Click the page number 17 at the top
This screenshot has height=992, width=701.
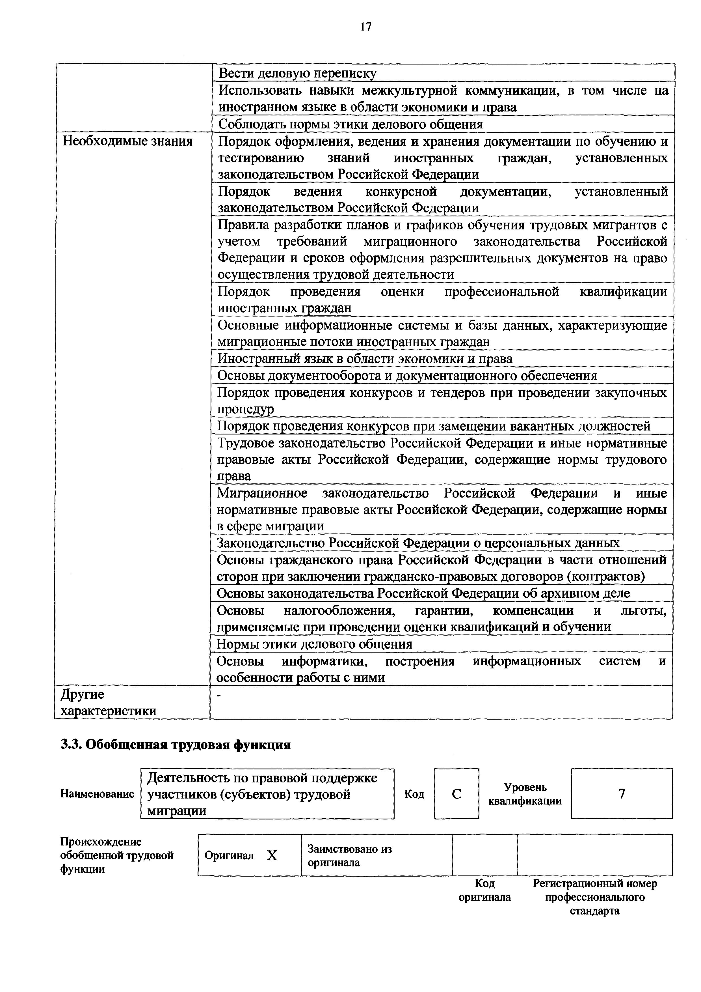(x=365, y=27)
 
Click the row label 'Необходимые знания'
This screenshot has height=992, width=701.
(x=128, y=141)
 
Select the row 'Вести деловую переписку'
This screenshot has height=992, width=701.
(x=297, y=73)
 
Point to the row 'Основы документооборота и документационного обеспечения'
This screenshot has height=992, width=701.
(x=407, y=375)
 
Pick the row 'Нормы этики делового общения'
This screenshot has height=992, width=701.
(x=314, y=644)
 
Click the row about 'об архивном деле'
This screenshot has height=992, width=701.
(x=423, y=593)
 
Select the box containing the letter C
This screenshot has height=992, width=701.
(x=457, y=794)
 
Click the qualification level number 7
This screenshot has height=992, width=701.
(x=622, y=794)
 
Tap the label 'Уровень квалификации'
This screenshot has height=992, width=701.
(x=525, y=794)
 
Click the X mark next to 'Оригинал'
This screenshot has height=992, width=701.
(x=272, y=855)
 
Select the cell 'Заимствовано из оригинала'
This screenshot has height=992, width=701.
(x=350, y=855)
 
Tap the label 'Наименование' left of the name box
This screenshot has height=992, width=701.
(x=97, y=794)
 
